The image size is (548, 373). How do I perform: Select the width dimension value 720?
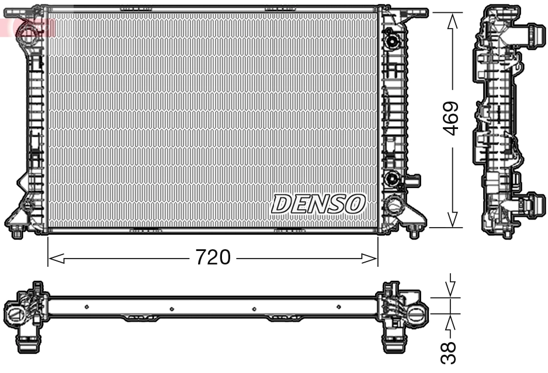pos(213,257)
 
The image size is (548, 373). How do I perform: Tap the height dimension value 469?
pos(451,118)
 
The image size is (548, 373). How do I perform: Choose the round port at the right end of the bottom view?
pos(416,315)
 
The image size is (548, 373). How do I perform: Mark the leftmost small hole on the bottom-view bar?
pos(86,306)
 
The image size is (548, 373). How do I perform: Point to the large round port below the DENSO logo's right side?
pos(394,205)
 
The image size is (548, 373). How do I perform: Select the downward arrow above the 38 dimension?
pos(450,288)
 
